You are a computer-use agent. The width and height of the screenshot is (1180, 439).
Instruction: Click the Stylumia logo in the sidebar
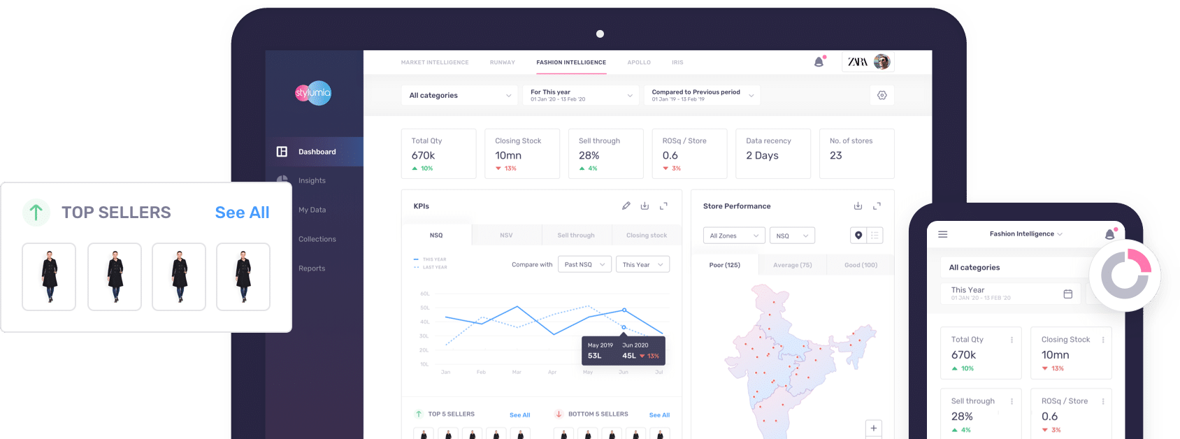[312, 93]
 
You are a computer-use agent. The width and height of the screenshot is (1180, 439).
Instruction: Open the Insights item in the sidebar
[312, 180]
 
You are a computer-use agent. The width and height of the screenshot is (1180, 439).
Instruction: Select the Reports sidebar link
[312, 268]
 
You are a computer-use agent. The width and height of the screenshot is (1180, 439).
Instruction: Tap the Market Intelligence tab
[435, 62]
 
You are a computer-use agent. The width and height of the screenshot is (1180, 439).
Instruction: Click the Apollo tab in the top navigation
[639, 62]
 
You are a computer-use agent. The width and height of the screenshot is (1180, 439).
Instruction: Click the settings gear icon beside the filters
[882, 95]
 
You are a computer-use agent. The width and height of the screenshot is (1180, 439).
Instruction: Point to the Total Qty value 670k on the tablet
[424, 156]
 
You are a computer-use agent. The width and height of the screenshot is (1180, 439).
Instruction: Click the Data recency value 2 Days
[762, 156]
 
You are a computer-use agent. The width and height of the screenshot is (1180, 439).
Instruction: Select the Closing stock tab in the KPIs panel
[647, 236]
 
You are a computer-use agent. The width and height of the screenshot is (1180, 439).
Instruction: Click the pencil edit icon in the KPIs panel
[626, 206]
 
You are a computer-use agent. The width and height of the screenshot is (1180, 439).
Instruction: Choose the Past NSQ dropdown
[584, 264]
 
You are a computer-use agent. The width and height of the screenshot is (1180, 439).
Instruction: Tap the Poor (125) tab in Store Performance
[725, 265]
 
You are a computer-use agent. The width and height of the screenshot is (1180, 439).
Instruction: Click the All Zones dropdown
[733, 236]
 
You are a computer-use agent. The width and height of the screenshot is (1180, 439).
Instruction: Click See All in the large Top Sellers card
[242, 213]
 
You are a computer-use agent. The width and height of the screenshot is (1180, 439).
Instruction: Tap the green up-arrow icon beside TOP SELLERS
[36, 212]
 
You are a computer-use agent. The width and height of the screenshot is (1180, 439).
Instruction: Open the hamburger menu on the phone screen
[943, 234]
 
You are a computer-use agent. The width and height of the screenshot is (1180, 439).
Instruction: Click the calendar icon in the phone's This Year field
[1067, 294]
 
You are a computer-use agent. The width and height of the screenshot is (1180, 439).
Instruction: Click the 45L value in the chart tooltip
[629, 356]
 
